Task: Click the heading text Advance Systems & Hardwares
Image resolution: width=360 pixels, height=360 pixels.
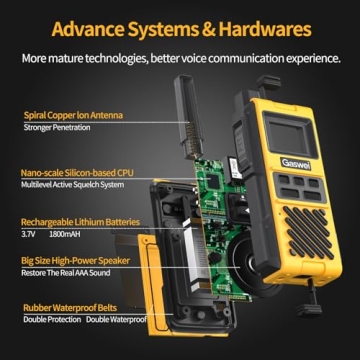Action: coord(180,25)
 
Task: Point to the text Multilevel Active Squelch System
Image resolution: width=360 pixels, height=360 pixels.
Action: coord(71,185)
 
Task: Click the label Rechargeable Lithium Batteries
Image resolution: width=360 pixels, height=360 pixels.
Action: coord(80,221)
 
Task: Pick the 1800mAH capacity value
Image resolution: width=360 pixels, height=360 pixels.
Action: coord(64,233)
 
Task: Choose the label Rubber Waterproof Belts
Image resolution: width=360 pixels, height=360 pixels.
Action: coord(68,308)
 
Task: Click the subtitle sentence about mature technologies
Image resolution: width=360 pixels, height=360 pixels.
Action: coord(180,58)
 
